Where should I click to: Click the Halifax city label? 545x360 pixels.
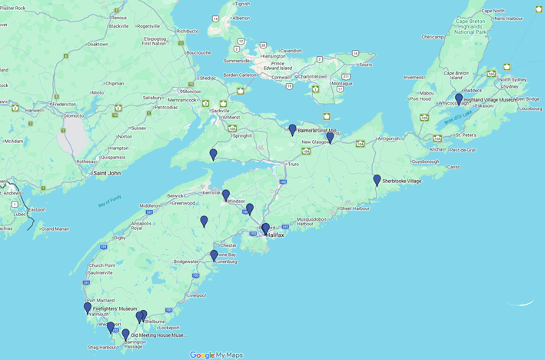pos(274,235)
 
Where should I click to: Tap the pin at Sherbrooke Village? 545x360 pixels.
pos(377,181)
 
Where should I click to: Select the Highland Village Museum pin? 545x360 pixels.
pos(459,99)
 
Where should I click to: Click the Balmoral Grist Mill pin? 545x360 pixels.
pos(292,130)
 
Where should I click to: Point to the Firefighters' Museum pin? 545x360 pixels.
pos(88,308)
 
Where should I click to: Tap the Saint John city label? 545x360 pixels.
pos(106,173)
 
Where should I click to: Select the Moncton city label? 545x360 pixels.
pos(191,92)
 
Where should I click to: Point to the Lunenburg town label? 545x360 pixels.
pos(224,262)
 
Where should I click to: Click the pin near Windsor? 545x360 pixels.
pos(226,196)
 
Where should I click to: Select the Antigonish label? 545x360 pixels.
pos(388,138)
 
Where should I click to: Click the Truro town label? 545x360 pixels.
pos(292,164)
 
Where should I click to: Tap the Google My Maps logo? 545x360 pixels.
pos(216,355)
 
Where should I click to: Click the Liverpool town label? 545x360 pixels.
pos(196,295)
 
